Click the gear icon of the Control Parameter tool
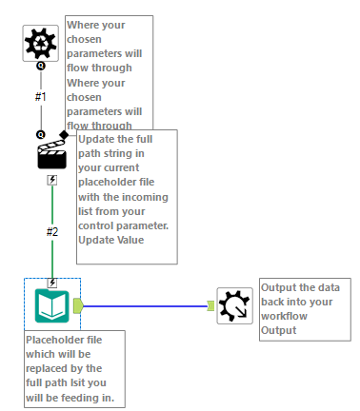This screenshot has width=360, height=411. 41,44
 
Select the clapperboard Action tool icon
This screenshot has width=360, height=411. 51,155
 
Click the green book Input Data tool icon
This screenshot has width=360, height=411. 51,305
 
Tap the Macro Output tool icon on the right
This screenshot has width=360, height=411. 234,305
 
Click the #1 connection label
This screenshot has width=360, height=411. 41,97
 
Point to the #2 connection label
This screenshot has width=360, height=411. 52,231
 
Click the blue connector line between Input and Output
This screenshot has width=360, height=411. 143,305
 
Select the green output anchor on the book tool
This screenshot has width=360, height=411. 78,305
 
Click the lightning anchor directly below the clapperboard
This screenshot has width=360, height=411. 51,179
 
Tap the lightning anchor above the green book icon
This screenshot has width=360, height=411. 51,283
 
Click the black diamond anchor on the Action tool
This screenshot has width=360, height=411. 64,134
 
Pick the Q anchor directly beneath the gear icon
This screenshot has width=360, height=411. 41,68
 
